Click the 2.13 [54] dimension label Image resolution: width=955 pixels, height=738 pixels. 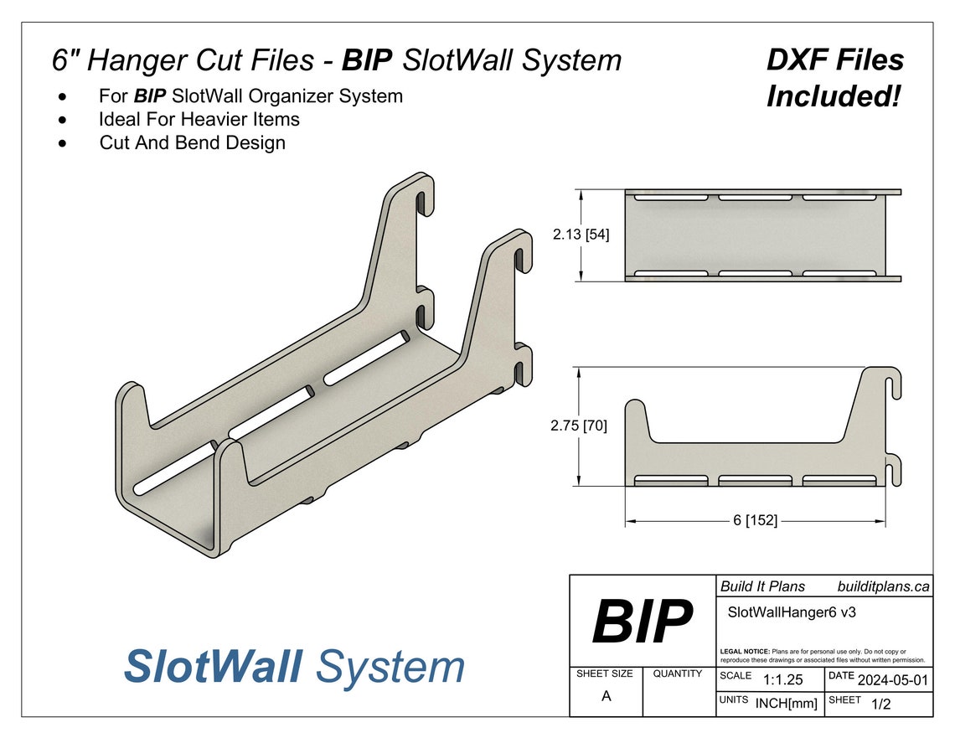pyautogui.click(x=581, y=235)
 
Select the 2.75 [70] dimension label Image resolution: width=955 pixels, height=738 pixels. pyautogui.click(x=579, y=426)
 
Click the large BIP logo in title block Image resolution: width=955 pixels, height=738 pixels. pyautogui.click(x=642, y=622)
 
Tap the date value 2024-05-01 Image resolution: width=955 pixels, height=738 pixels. pyautogui.click(x=893, y=680)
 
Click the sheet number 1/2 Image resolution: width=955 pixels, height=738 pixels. pyautogui.click(x=881, y=704)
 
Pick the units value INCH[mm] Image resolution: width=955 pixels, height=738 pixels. pyautogui.click(x=786, y=704)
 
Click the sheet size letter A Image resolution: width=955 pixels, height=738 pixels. pyautogui.click(x=606, y=696)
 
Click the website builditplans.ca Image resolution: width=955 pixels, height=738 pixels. pyautogui.click(x=883, y=586)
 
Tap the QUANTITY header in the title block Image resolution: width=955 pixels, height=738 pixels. pyautogui.click(x=678, y=673)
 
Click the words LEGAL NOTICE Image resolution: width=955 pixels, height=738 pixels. pyautogui.click(x=744, y=651)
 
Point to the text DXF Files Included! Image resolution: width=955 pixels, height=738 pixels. pyautogui.click(x=834, y=78)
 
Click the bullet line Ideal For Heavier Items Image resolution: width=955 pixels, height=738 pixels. pyautogui.click(x=199, y=119)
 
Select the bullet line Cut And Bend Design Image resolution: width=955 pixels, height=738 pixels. pyautogui.click(x=192, y=142)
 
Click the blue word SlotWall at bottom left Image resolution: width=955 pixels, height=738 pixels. pyautogui.click(x=213, y=667)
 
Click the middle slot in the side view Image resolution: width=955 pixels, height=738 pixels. pyautogui.click(x=755, y=481)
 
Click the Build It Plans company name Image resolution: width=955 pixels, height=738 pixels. pyautogui.click(x=762, y=586)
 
